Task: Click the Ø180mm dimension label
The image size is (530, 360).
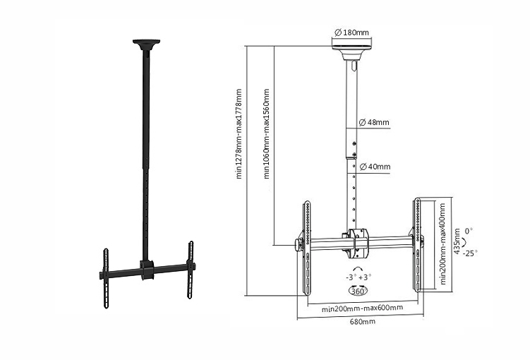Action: pyautogui.click(x=351, y=32)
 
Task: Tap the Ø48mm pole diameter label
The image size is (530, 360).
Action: pyautogui.click(x=374, y=122)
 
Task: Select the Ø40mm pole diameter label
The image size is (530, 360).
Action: pyautogui.click(x=375, y=167)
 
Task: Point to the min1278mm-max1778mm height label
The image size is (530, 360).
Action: pyautogui.click(x=239, y=134)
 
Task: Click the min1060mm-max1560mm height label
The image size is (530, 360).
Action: pyautogui.click(x=266, y=134)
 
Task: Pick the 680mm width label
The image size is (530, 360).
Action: pyautogui.click(x=362, y=321)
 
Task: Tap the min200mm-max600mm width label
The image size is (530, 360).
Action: pyautogui.click(x=362, y=308)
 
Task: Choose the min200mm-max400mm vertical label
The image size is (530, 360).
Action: pyautogui.click(x=442, y=244)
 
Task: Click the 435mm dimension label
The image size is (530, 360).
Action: pyautogui.click(x=457, y=241)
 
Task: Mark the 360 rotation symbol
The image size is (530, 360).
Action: pyautogui.click(x=358, y=291)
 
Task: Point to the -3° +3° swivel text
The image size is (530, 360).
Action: pyautogui.click(x=359, y=277)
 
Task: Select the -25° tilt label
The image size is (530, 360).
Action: pyautogui.click(x=470, y=253)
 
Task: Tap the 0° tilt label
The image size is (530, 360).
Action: pyautogui.click(x=469, y=231)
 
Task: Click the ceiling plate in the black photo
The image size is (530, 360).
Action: pyautogui.click(x=146, y=44)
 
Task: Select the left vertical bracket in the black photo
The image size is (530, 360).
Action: pyautogui.click(x=106, y=278)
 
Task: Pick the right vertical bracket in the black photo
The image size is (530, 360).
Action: pyautogui.click(x=191, y=270)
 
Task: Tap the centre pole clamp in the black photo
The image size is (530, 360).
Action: pyautogui.click(x=147, y=270)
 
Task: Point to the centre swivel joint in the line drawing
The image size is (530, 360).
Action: pyautogui.click(x=356, y=243)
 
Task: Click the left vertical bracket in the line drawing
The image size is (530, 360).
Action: pyautogui.click(x=307, y=248)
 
